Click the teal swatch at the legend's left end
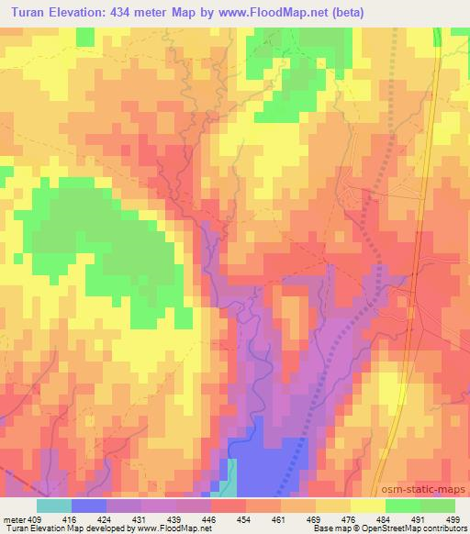tap(54, 505)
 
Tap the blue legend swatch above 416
tap(89, 505)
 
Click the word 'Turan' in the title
tap(30, 13)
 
